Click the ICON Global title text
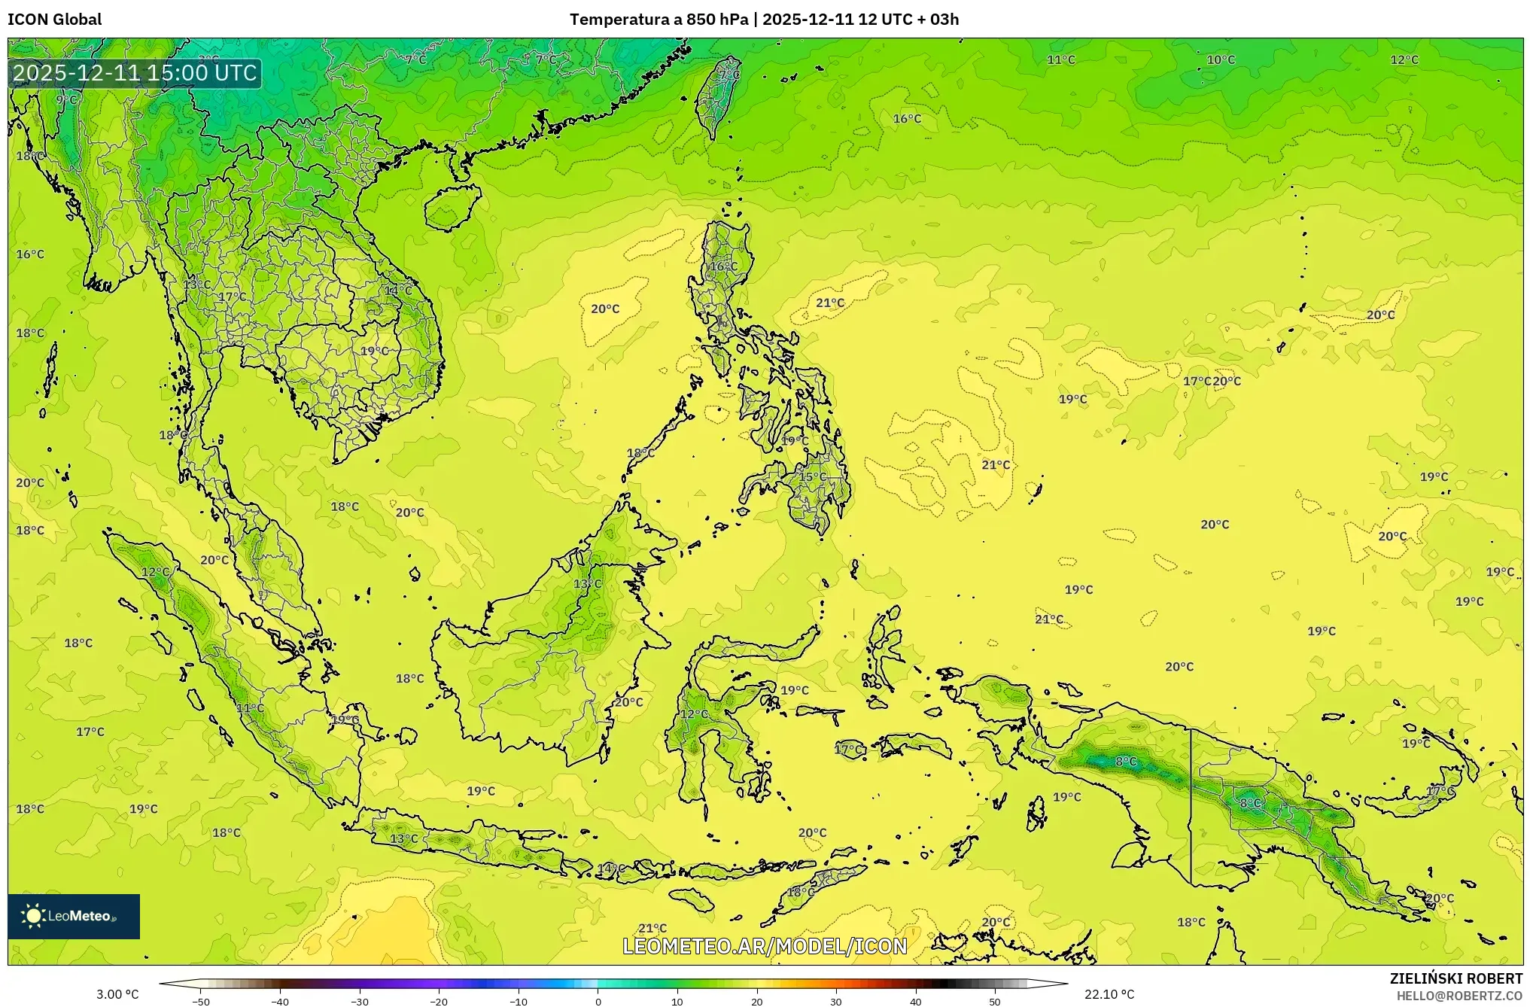click(x=54, y=20)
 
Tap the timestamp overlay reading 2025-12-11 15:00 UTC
click(x=135, y=73)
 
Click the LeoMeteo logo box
click(x=74, y=916)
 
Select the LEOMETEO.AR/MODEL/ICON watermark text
click(x=765, y=946)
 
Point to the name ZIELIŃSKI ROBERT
click(x=1455, y=978)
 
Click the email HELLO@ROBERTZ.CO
click(x=1459, y=996)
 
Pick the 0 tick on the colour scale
click(x=598, y=1001)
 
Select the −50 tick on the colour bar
click(x=201, y=1001)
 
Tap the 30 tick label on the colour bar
click(x=836, y=1001)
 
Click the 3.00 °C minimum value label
click(x=117, y=994)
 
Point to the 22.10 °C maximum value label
click(x=1109, y=994)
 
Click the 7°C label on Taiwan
click(x=729, y=75)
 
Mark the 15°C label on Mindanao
click(x=813, y=476)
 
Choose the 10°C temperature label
click(x=1221, y=59)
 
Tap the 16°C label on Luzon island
click(x=724, y=266)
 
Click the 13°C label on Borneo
click(x=588, y=583)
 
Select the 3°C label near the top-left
click(x=208, y=59)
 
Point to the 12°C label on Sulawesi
click(x=694, y=713)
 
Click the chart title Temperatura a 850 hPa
click(x=659, y=20)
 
